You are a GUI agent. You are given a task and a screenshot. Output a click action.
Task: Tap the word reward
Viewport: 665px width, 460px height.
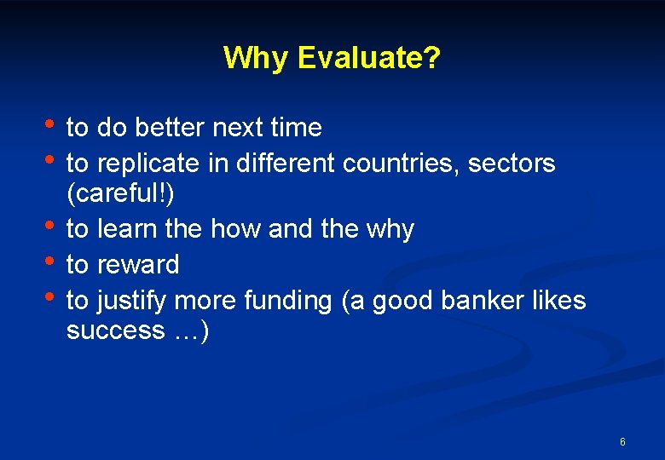[x=137, y=265]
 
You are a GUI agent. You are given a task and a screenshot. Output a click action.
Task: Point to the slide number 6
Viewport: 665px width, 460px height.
[x=622, y=442]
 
